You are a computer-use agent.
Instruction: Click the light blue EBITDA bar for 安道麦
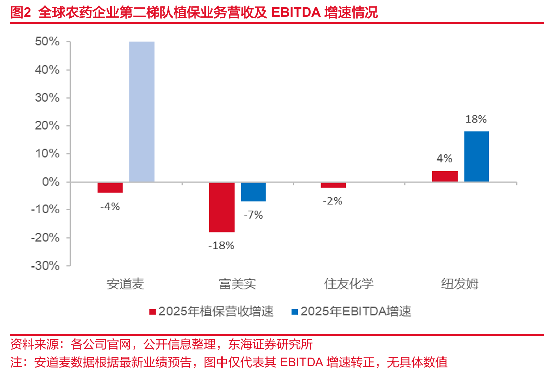pyautogui.click(x=142, y=111)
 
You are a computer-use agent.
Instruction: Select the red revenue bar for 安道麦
pyautogui.click(x=110, y=187)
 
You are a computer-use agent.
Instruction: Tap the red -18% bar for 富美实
pyautogui.click(x=221, y=207)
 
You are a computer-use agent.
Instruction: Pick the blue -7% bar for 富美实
pyautogui.click(x=253, y=191)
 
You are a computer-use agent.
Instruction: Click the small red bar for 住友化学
pyautogui.click(x=333, y=185)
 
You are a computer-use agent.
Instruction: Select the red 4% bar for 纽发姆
pyautogui.click(x=445, y=176)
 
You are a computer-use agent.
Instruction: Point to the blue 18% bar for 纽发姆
pyautogui.click(x=476, y=156)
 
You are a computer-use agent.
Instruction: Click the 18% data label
pyautogui.click(x=476, y=119)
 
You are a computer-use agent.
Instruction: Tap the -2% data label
pyautogui.click(x=333, y=201)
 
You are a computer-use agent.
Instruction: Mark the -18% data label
pyautogui.click(x=221, y=246)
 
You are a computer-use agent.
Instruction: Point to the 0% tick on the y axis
pyautogui.click(x=50, y=182)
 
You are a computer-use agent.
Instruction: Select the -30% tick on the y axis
pyautogui.click(x=45, y=265)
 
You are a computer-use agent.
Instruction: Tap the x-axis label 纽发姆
pyautogui.click(x=460, y=284)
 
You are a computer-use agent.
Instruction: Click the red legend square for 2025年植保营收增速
pyautogui.click(x=152, y=312)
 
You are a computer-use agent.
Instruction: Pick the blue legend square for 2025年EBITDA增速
pyautogui.click(x=295, y=312)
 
